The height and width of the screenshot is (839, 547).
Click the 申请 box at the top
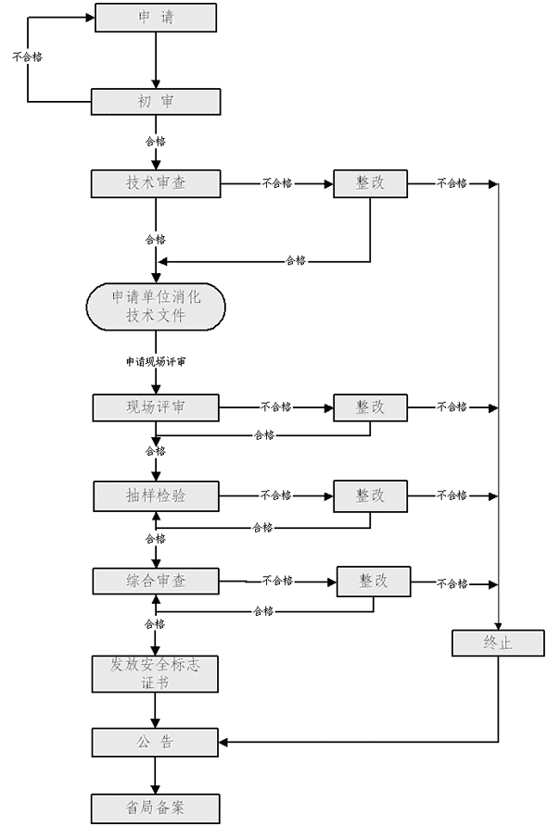coord(156,18)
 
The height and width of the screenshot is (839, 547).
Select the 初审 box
coord(156,102)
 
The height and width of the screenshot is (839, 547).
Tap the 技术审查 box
coord(156,183)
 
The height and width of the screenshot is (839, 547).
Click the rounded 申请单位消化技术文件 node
coord(156,307)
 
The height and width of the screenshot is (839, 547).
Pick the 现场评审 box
coord(156,407)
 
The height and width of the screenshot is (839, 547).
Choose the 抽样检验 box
coord(156,496)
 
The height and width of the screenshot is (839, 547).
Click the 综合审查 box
coord(156,581)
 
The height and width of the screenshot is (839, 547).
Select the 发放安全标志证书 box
coord(155,673)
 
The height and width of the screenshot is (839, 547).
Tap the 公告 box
coord(155,742)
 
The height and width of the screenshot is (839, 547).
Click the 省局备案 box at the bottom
coord(156,808)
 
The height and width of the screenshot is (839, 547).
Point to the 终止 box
coord(498,643)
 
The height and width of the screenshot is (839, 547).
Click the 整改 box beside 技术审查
coord(370,183)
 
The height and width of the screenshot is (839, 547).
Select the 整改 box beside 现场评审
coord(370,407)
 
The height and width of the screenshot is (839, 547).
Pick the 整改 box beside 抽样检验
coord(370,496)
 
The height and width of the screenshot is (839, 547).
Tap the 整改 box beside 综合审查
coord(374,581)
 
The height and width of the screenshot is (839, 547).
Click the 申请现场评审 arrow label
coord(156,362)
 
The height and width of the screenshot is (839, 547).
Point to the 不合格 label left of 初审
coord(27,56)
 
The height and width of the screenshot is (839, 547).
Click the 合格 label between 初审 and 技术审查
coord(156,142)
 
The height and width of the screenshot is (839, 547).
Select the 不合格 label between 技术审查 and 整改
coord(277,183)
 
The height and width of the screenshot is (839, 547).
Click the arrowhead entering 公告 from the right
coord(223,742)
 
